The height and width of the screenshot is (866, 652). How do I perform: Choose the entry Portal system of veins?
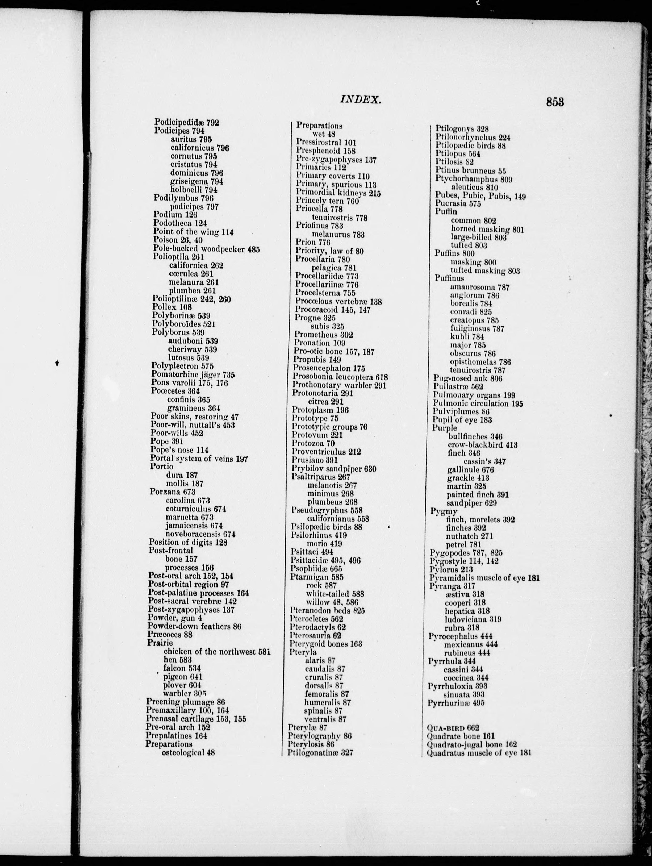coord(199,459)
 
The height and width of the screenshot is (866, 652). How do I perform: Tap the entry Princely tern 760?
coord(327,201)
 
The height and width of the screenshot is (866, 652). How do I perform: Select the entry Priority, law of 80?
coord(329,251)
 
